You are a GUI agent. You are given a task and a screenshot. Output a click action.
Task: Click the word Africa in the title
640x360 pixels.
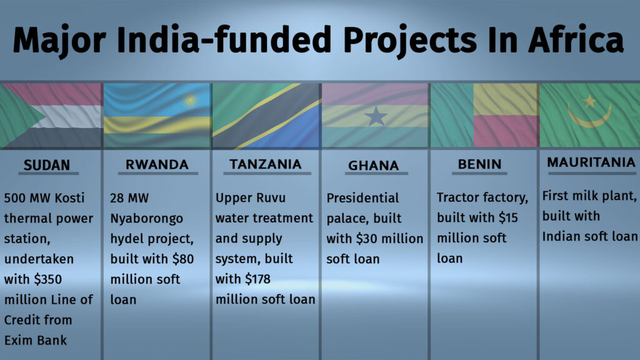pyautogui.click(x=576, y=40)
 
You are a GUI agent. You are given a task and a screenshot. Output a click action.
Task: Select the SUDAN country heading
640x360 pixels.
pyautogui.click(x=47, y=165)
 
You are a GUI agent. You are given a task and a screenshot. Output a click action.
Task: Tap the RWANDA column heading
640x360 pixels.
pyautogui.click(x=157, y=164)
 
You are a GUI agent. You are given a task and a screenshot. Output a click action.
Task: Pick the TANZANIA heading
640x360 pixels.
pyautogui.click(x=266, y=164)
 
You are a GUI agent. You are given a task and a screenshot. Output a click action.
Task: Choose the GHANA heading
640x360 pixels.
pyautogui.click(x=374, y=165)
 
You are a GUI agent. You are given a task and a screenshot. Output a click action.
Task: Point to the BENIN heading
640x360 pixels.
pyautogui.click(x=479, y=164)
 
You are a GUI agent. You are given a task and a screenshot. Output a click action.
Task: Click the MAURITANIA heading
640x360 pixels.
pyautogui.click(x=591, y=162)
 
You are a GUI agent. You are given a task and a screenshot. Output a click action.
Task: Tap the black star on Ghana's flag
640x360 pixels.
pyautogui.click(x=376, y=116)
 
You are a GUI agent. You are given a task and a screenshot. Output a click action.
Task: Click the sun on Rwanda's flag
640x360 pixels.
pyautogui.click(x=190, y=100)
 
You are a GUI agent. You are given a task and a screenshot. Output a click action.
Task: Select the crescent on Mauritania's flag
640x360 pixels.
pyautogui.click(x=590, y=119)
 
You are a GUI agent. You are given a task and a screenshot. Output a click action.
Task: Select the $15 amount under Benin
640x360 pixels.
pyautogui.click(x=508, y=217)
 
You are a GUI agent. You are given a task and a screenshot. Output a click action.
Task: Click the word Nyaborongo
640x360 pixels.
pyautogui.click(x=146, y=219)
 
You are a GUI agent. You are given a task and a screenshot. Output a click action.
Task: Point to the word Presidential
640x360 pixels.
pyautogui.click(x=362, y=198)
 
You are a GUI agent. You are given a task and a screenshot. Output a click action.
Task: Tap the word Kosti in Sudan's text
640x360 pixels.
pyautogui.click(x=69, y=198)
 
